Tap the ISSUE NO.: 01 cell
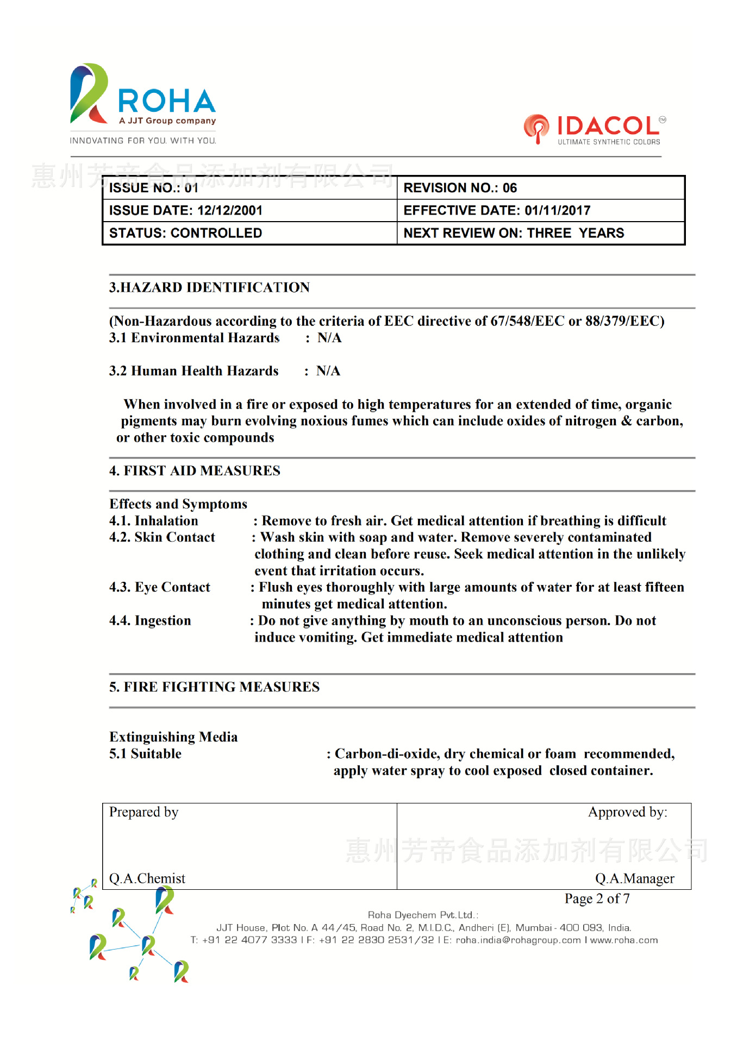154,188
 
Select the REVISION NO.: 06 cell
460,188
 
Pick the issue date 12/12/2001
230,211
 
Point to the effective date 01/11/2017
557,211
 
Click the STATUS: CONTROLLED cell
185,233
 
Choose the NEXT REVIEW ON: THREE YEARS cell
514,233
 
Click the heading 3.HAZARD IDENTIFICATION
209,287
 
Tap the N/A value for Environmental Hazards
329,338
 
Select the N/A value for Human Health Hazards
328,371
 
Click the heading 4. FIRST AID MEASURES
195,470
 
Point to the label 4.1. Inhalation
154,521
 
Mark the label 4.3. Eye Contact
160,587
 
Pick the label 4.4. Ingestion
150,621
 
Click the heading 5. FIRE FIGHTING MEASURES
214,687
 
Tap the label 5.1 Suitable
145,754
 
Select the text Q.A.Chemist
147,878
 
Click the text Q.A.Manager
634,878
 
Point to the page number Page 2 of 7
597,899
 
